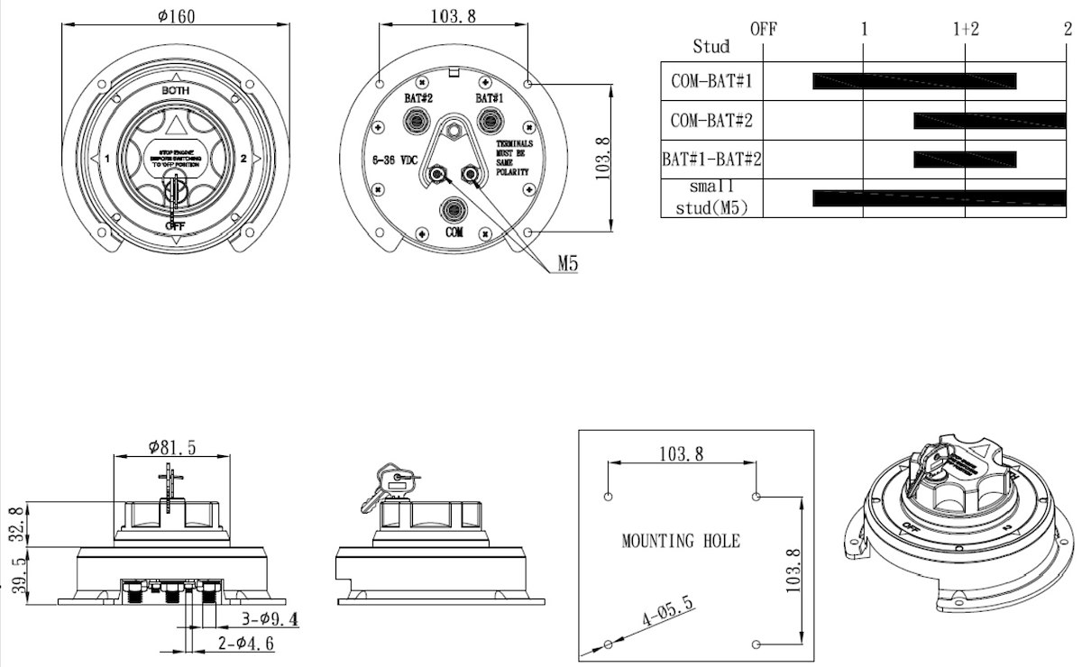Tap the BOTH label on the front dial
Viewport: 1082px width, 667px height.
(176, 91)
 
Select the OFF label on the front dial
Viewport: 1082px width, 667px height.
(176, 225)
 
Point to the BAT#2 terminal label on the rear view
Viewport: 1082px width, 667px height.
(417, 97)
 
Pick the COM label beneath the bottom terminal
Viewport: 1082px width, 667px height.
(454, 232)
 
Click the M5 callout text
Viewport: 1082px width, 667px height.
(567, 263)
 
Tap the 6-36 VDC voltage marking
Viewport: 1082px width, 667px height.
(394, 160)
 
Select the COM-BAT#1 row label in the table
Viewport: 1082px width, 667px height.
(711, 81)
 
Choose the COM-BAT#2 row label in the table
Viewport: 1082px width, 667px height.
(711, 120)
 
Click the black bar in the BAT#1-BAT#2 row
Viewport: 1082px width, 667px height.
(965, 160)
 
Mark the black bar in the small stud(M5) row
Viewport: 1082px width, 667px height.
(939, 198)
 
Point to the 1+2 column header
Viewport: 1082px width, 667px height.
(966, 29)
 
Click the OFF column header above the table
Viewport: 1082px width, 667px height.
(763, 29)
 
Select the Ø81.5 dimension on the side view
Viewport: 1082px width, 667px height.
(171, 445)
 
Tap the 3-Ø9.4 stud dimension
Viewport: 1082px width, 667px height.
(270, 619)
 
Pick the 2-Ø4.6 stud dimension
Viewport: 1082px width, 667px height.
(246, 644)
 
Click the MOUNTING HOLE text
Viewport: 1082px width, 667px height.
(681, 542)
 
